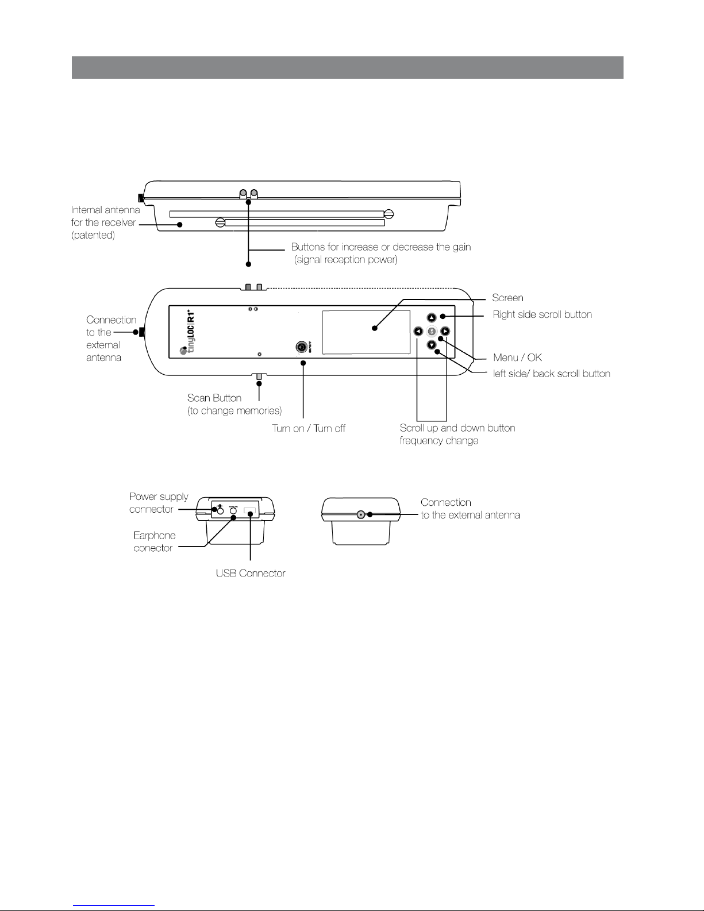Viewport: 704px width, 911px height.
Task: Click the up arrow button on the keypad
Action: [431, 318]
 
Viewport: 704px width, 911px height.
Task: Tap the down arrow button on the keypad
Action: [431, 345]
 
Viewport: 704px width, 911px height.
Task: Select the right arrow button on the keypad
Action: [445, 331]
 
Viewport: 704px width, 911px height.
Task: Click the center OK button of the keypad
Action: [432, 331]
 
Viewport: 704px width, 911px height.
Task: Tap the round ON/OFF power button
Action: [301, 347]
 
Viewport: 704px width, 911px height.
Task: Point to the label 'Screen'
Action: [507, 298]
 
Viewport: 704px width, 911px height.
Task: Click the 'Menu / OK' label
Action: [518, 358]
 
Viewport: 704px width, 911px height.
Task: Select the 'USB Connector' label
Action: [251, 573]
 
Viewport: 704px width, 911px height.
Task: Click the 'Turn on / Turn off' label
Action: [309, 428]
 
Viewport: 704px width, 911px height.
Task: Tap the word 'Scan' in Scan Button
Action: [199, 398]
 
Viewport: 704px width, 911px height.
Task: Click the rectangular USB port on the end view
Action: [250, 511]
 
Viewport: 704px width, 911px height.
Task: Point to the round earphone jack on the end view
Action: [233, 511]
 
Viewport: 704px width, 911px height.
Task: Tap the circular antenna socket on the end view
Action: [361, 514]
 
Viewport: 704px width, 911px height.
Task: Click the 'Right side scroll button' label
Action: [543, 314]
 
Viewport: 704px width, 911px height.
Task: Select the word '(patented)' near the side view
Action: [93, 235]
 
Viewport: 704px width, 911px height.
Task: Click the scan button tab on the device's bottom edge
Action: [259, 377]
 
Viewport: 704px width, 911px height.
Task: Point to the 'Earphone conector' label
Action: [155, 541]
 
